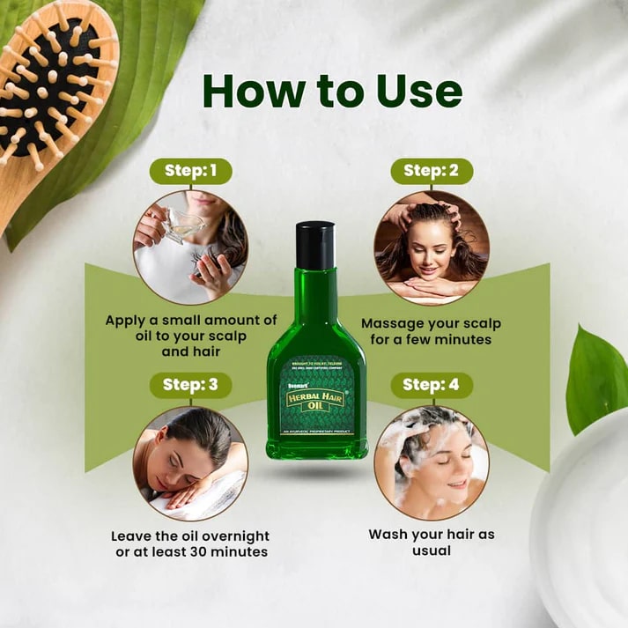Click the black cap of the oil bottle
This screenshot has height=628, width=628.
(315, 245)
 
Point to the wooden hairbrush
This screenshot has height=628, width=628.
(53, 97)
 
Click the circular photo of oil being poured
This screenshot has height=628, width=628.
(190, 248)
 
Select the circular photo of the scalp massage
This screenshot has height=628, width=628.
(431, 248)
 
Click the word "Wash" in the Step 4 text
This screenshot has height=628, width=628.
(388, 535)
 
